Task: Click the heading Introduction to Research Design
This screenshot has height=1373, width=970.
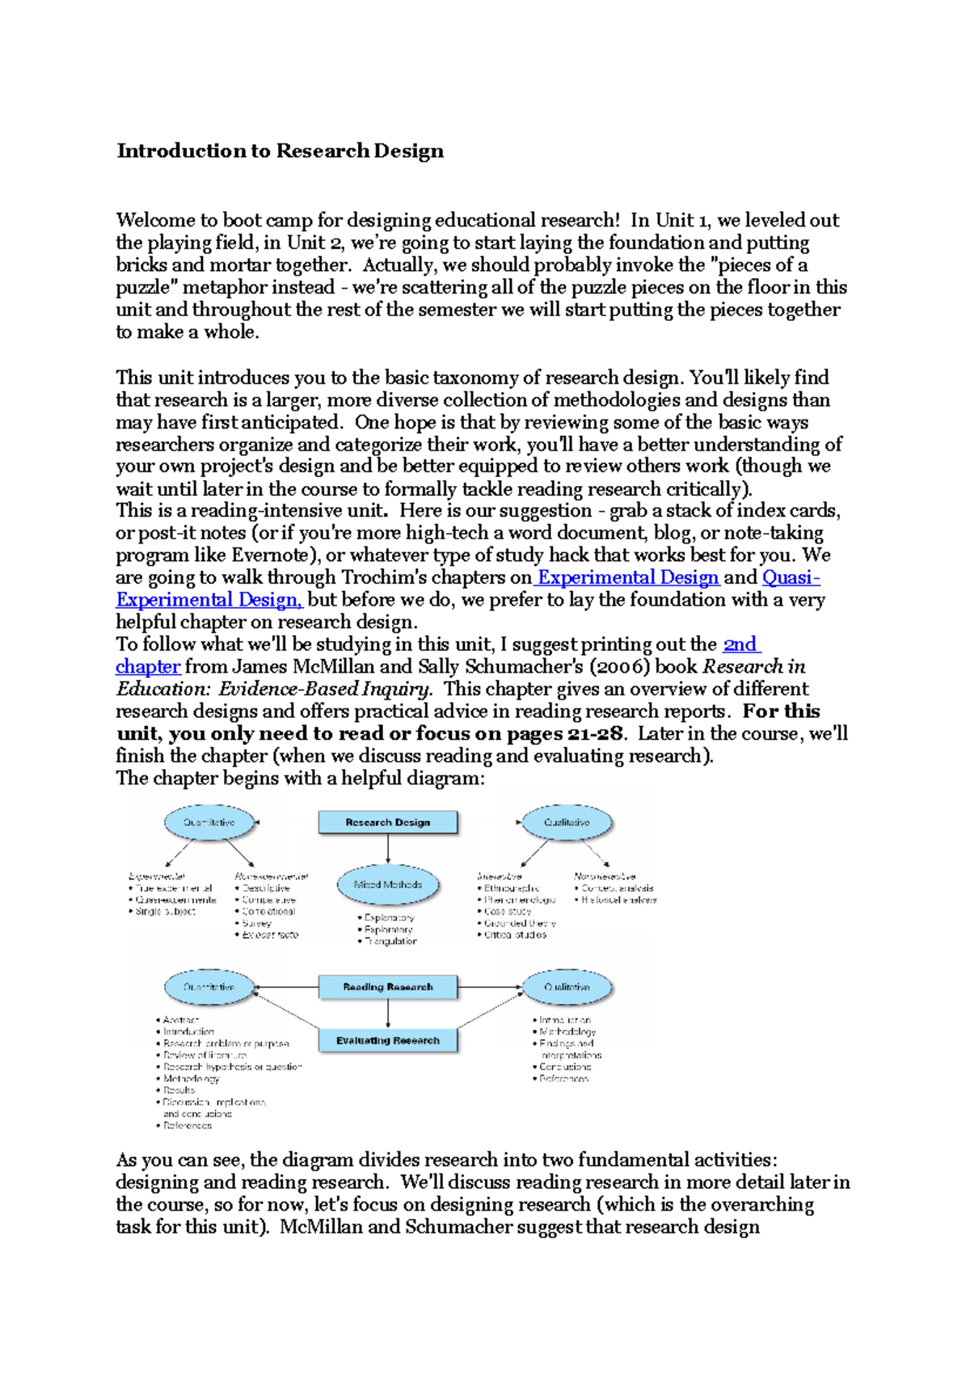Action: [280, 151]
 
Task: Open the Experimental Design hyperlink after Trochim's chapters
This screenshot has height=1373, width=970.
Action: [628, 577]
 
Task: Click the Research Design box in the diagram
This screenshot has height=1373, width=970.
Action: [388, 822]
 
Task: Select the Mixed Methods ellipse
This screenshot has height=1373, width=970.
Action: [388, 885]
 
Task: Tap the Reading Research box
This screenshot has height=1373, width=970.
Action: [388, 987]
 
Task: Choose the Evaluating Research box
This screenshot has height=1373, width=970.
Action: [388, 1041]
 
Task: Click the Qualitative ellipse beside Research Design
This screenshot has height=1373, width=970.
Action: [567, 822]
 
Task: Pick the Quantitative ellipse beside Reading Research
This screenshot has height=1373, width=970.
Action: [209, 987]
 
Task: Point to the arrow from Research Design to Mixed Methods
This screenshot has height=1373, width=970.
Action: [388, 849]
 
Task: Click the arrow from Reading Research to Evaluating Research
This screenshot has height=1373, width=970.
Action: [388, 1014]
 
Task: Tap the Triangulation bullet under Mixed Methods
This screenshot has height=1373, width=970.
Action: [391, 941]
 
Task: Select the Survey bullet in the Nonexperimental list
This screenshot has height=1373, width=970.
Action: [257, 923]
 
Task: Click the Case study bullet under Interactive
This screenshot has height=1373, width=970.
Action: [508, 911]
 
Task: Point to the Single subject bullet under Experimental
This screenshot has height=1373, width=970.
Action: [166, 911]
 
